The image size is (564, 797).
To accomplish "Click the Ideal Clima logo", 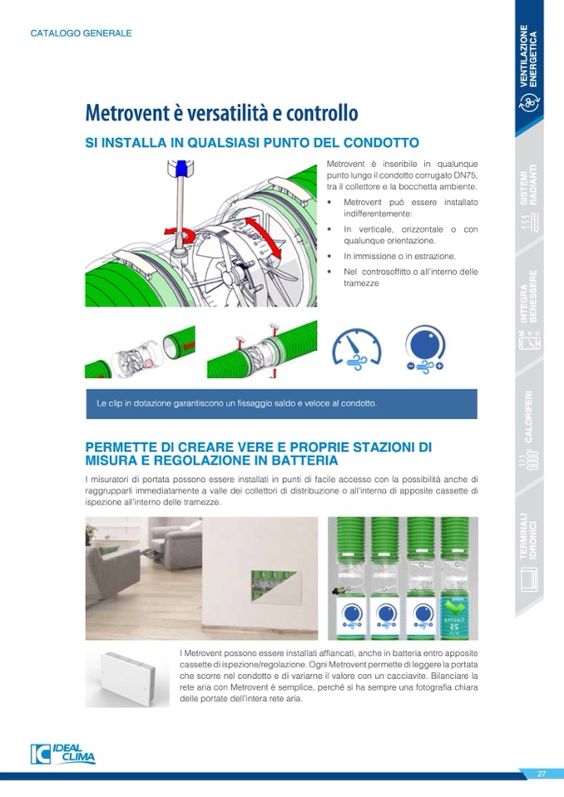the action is (x=62, y=755).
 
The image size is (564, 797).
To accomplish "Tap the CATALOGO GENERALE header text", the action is (x=81, y=33).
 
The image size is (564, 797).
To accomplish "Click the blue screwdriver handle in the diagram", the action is (x=181, y=169).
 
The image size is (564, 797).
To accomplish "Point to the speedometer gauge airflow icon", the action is (x=357, y=349).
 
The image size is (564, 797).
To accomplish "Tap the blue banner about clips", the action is (x=282, y=404).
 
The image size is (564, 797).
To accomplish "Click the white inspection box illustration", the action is (x=127, y=679).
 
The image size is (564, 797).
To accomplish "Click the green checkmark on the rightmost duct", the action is (x=455, y=608).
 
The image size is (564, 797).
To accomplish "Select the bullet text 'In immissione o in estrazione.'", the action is (x=400, y=256).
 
